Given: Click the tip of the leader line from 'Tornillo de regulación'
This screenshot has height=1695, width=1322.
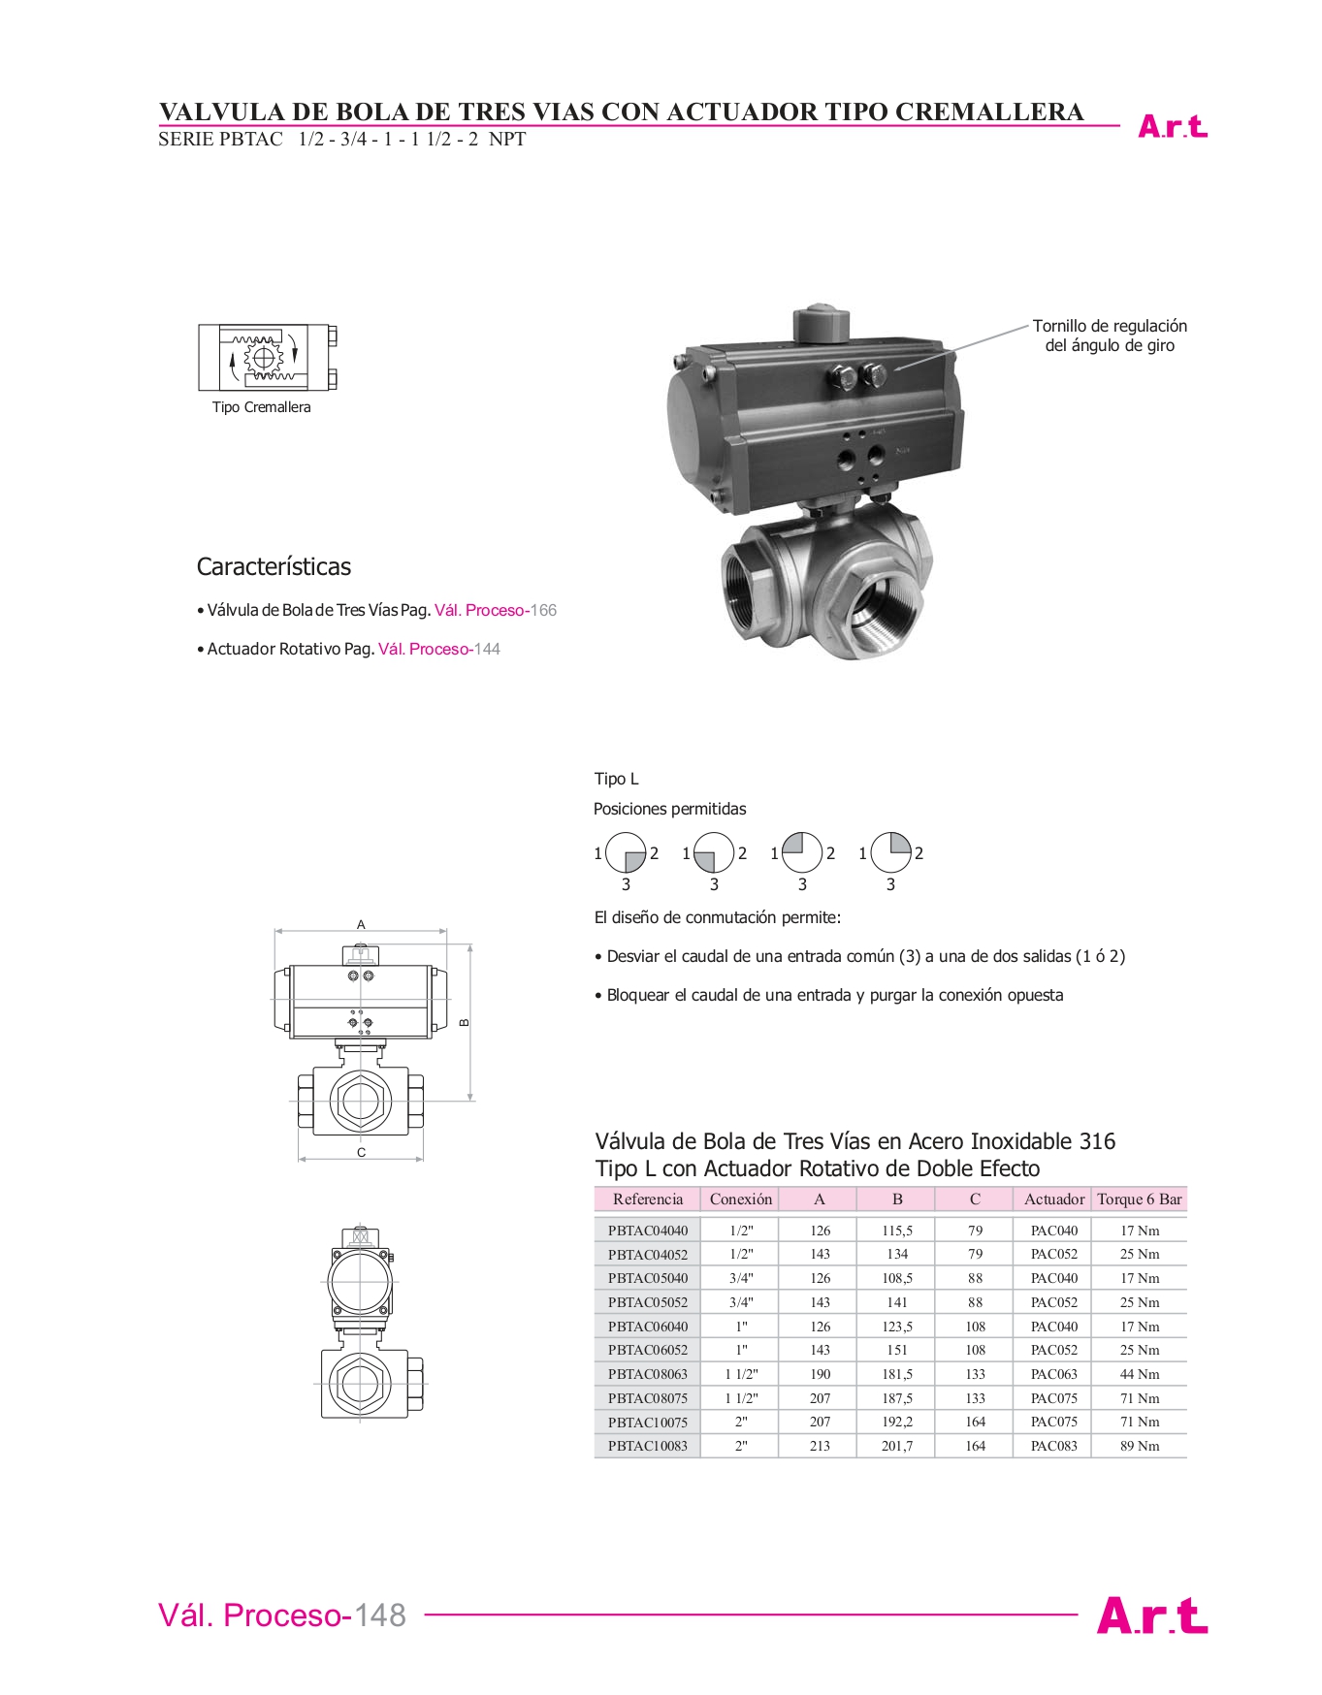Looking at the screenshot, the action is [x=894, y=369].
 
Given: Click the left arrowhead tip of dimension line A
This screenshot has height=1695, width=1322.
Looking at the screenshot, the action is [x=275, y=932].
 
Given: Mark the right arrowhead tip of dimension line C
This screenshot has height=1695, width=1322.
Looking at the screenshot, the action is [x=424, y=1158].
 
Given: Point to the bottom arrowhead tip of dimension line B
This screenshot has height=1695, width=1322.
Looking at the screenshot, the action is [x=470, y=1100].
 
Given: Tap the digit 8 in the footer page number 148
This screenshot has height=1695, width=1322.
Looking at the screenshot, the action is [x=395, y=1615].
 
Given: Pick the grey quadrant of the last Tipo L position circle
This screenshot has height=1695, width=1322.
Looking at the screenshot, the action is [x=900, y=843].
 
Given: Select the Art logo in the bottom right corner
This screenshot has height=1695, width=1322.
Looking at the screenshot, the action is [x=1152, y=1615].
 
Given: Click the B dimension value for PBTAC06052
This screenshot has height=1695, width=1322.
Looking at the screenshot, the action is [x=897, y=1350].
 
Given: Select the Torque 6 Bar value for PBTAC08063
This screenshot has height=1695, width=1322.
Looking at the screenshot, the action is [x=1140, y=1374].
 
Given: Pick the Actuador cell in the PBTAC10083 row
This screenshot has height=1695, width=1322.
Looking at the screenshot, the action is [x=1054, y=1446].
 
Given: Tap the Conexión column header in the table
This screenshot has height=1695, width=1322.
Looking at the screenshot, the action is [x=741, y=1199].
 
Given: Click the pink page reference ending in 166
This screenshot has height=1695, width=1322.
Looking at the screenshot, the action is [x=496, y=610].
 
